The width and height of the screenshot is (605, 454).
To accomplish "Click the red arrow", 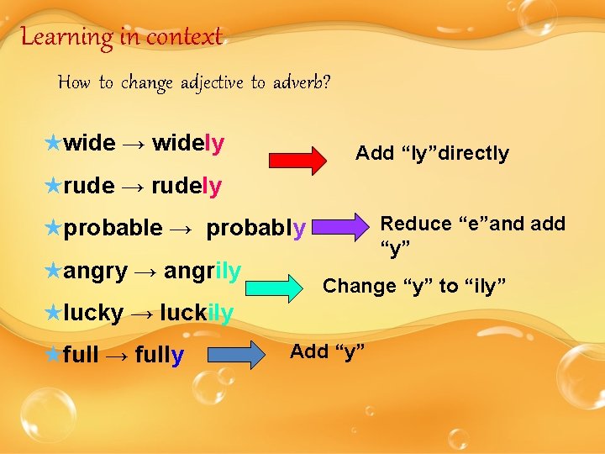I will coord(298,159).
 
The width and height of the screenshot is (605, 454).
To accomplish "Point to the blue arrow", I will coord(236,354).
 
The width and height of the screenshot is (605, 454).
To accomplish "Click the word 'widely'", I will coord(188,144).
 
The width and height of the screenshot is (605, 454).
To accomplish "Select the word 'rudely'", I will coord(187,186).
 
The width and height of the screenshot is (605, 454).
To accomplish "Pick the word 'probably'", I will coord(256,228).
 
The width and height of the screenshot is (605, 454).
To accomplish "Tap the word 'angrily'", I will coord(203,271).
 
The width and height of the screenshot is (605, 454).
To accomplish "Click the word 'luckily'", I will coord(196,314).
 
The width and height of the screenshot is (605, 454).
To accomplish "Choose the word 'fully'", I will coord(159,356).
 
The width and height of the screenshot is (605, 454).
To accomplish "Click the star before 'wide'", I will coord(52,143).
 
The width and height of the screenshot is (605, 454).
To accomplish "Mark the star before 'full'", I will coord(52,355).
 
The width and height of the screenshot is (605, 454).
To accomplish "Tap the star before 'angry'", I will coord(52,270).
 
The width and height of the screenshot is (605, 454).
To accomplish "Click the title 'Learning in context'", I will coord(121,36).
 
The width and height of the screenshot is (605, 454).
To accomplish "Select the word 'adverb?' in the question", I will coord(302,82).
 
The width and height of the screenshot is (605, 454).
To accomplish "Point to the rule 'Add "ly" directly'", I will coord(432,153).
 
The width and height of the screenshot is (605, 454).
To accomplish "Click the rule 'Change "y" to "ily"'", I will coord(414,286).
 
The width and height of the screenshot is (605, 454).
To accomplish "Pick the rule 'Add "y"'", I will coord(327,351).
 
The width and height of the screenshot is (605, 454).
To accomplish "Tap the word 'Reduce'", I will coord(416,224).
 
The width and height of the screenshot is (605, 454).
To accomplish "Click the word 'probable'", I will coord(113,228).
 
